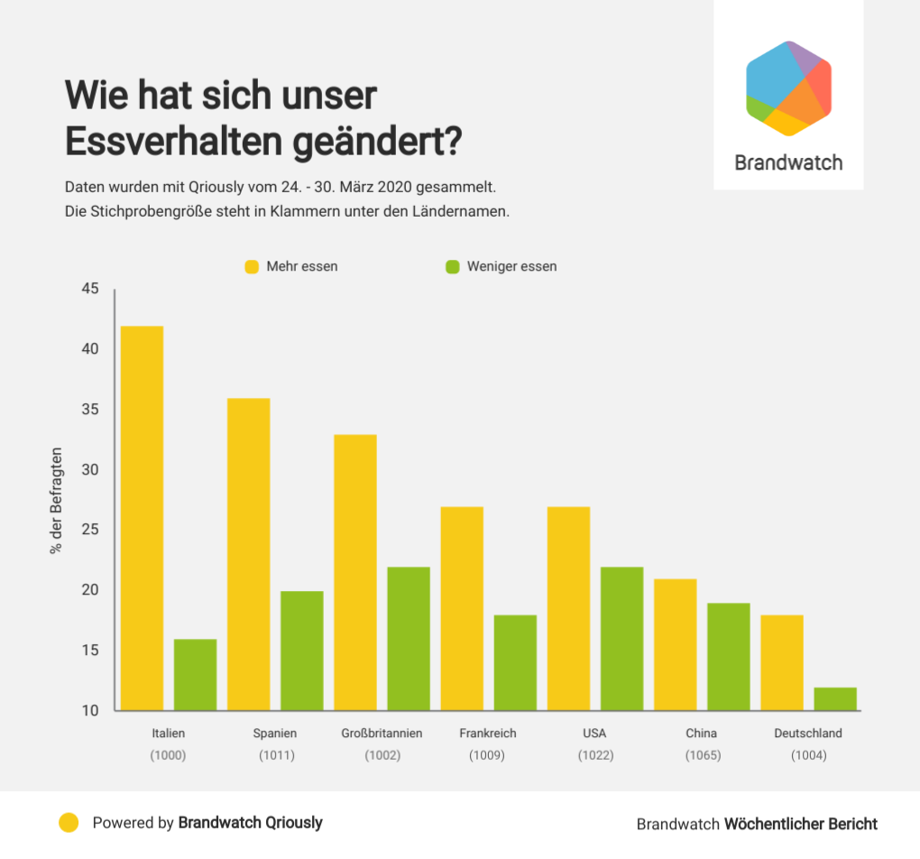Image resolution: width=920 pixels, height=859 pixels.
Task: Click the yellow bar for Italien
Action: [142, 518]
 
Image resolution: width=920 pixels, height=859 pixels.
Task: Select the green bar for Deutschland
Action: [835, 699]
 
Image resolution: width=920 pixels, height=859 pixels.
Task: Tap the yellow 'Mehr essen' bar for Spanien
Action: [248, 554]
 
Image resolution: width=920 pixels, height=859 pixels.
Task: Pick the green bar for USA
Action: [622, 639]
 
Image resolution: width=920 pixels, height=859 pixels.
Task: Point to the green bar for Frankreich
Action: [515, 662]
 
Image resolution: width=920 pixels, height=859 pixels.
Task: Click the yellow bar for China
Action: [675, 644]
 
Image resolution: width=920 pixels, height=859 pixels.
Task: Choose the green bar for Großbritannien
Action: [409, 639]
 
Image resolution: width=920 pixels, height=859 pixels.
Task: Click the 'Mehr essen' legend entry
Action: [291, 267]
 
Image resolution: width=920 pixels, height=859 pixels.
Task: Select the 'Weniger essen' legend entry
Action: [501, 267]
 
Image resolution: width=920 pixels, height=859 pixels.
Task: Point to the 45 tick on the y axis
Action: [90, 290]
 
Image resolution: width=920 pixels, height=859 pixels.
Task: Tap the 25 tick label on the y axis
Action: [90, 531]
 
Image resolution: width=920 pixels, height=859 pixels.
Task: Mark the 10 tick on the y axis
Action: [90, 711]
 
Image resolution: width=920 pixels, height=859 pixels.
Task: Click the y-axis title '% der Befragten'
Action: [56, 499]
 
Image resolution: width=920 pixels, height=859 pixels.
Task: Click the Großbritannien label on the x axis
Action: [382, 734]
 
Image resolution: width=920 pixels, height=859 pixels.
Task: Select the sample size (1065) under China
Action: [703, 755]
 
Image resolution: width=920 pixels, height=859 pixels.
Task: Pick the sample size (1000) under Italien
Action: [168, 755]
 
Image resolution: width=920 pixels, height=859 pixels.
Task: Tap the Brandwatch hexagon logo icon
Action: [788, 88]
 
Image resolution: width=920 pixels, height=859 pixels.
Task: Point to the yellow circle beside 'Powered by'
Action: [69, 822]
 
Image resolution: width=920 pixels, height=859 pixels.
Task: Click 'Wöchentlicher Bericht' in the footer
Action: [801, 824]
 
